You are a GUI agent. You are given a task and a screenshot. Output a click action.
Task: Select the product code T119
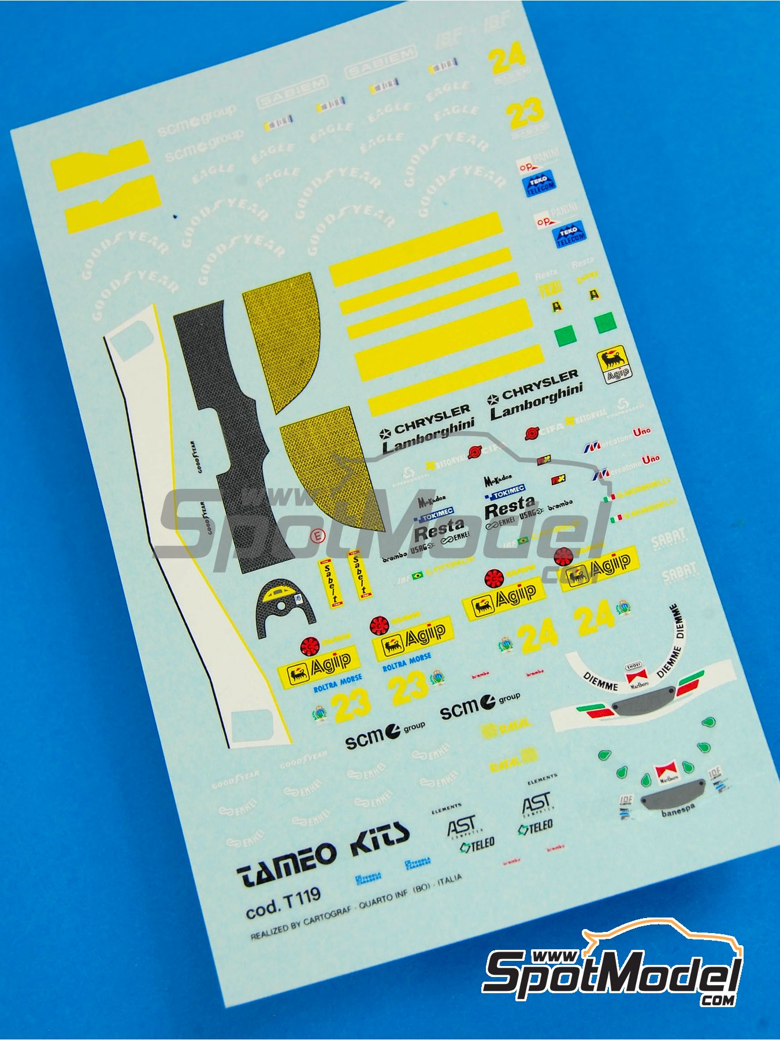click(299, 897)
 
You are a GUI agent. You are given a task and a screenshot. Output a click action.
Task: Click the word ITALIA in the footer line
click(450, 879)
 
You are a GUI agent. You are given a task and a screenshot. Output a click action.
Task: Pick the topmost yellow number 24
click(506, 57)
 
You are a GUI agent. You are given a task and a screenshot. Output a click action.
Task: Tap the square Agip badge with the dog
click(614, 363)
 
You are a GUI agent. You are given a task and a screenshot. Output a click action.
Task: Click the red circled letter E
click(316, 537)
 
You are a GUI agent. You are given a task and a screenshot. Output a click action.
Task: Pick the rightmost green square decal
click(604, 322)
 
